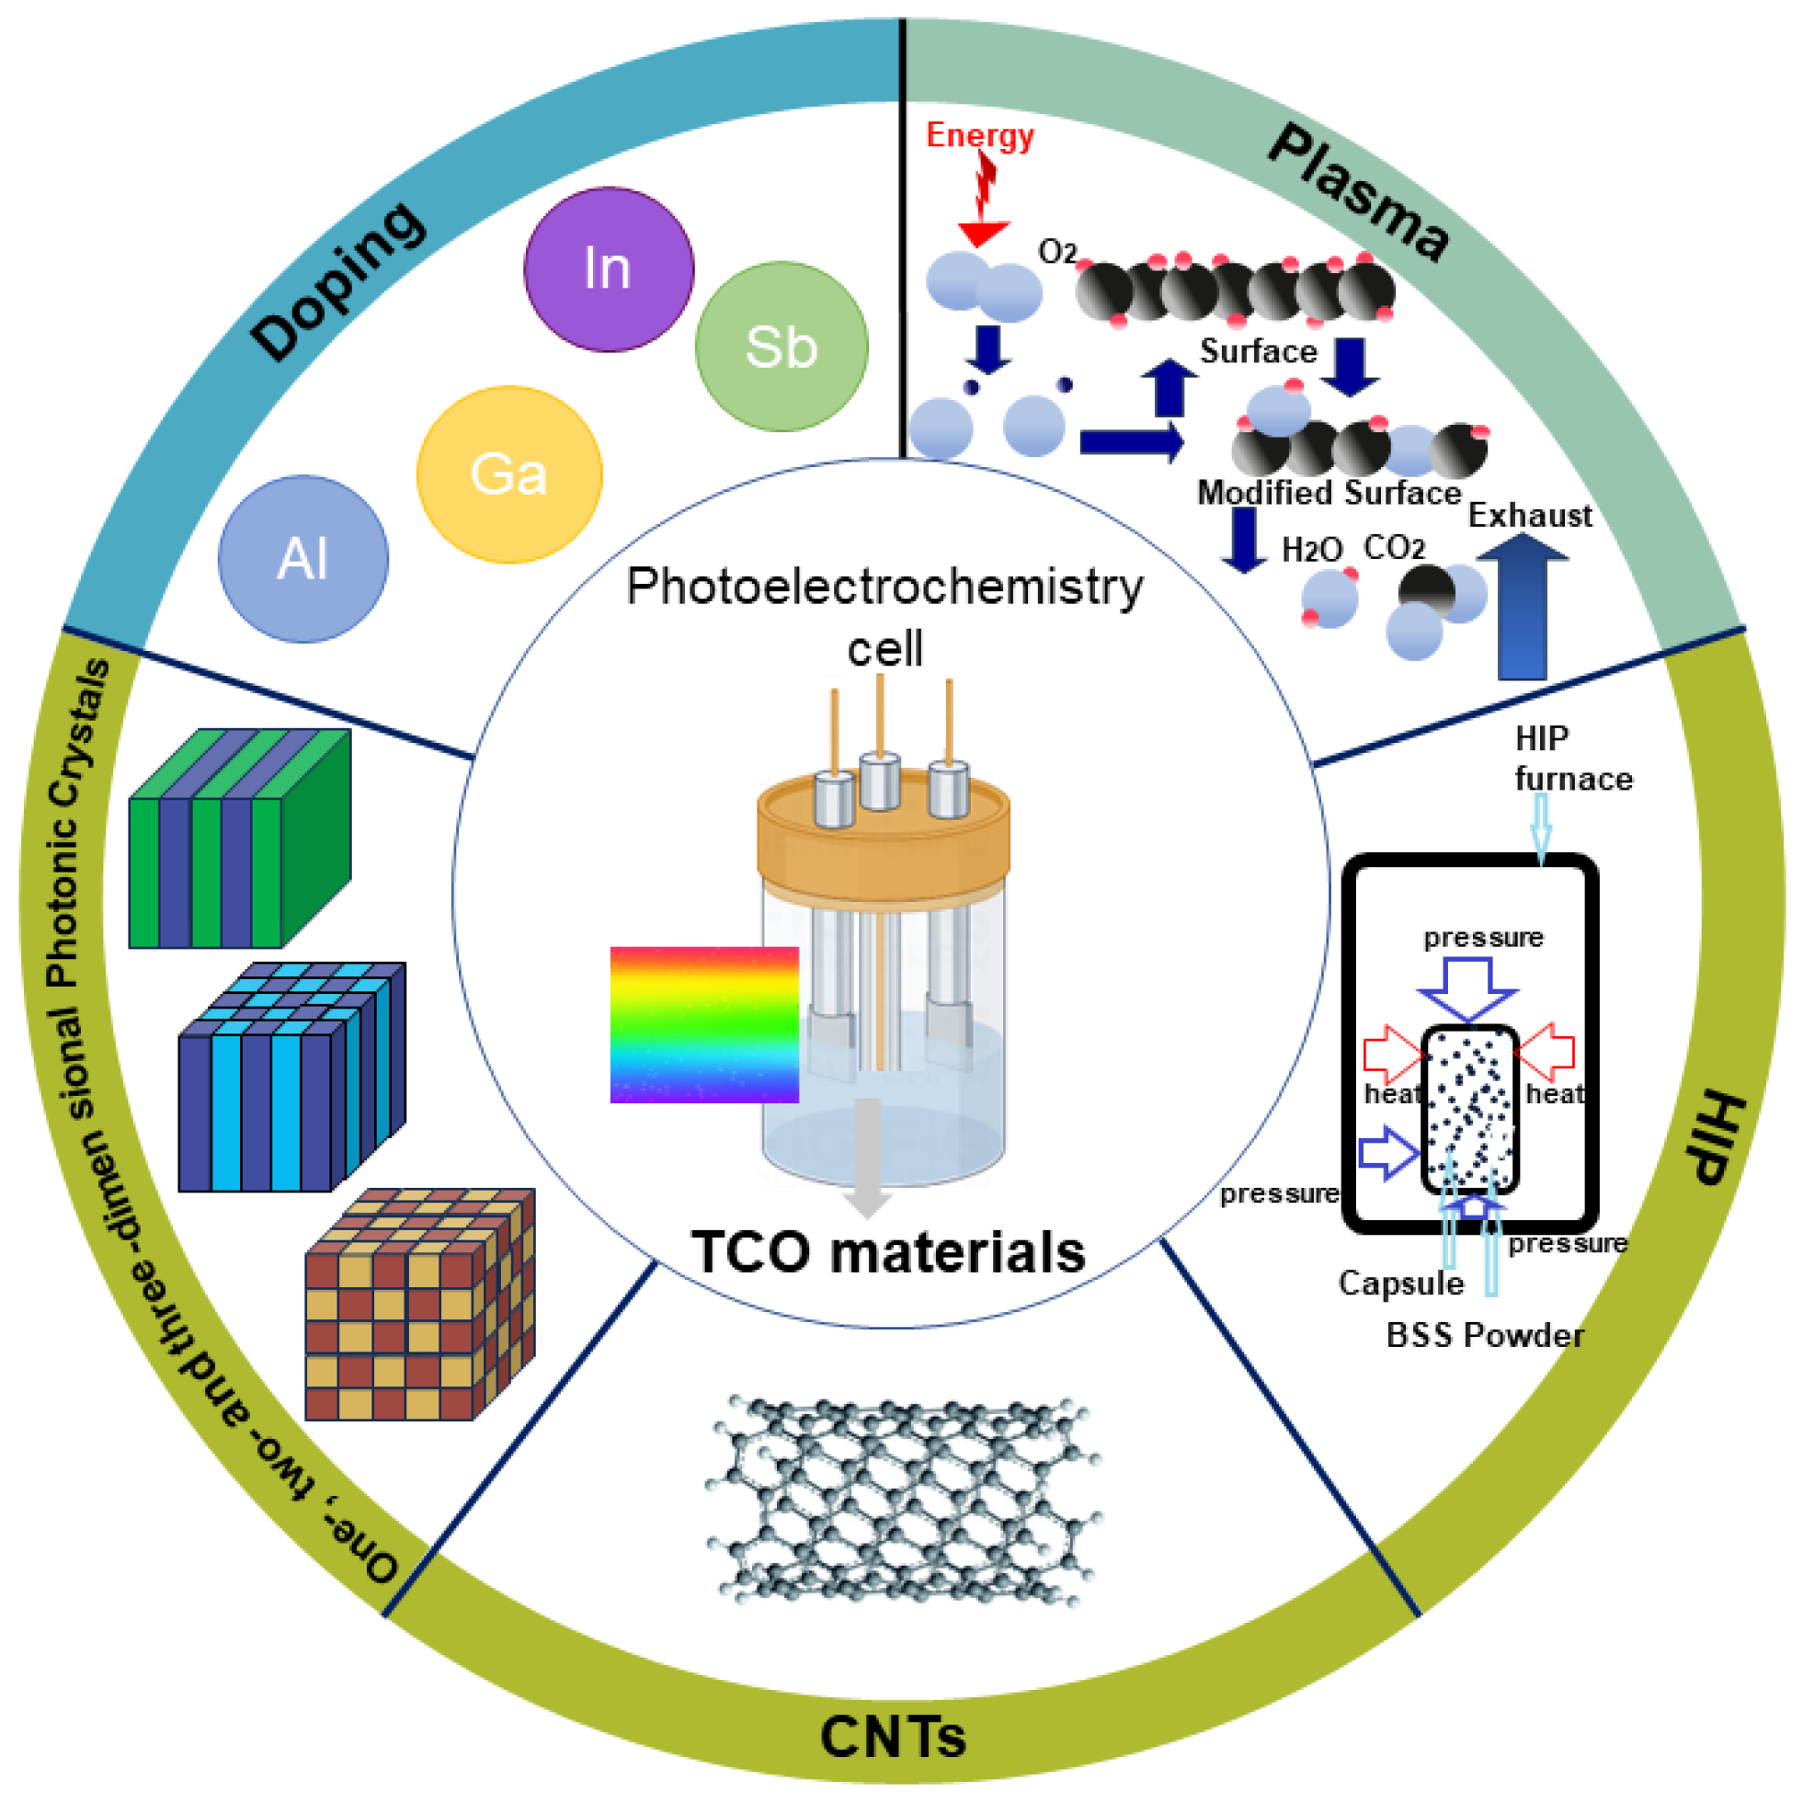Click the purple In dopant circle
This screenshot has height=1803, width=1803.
click(609, 268)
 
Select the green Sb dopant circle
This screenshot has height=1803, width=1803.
click(782, 347)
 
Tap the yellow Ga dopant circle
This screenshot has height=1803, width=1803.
click(508, 474)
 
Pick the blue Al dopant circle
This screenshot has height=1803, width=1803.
click(302, 559)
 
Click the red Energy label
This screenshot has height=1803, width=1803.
click(979, 135)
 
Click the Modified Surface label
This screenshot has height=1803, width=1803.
click(1328, 492)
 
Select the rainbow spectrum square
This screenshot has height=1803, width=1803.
click(703, 1024)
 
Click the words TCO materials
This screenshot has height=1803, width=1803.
click(887, 1251)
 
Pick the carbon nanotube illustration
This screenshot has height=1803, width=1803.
click(901, 1502)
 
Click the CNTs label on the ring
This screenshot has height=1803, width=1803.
click(892, 1737)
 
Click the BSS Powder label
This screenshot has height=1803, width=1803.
click(1484, 1335)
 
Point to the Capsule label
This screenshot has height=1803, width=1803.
click(1400, 1284)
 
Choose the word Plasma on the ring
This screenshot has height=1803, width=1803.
click(1358, 192)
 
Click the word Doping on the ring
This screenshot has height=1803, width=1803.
click(337, 280)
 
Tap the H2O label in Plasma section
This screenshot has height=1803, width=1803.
click(1311, 550)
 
